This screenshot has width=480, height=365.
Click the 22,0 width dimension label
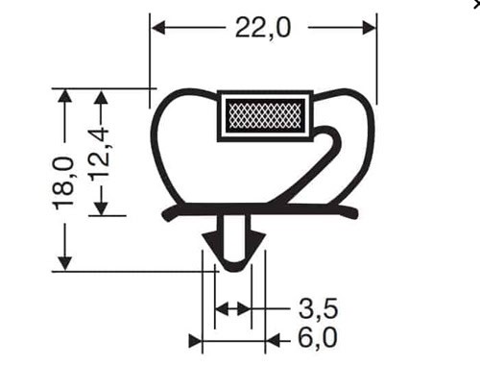point(263,28)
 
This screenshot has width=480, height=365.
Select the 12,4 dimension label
point(102,155)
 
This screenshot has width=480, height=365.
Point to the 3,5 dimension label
point(318,308)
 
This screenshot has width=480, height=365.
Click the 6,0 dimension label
point(318,337)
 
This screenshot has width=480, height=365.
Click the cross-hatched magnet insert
point(265,115)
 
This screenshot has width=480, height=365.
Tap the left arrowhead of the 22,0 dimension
point(158,28)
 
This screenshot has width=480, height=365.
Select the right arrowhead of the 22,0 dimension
point(369,28)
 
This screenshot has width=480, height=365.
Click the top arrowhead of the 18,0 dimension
point(65,96)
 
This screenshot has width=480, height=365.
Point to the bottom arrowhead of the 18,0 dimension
point(65,263)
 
